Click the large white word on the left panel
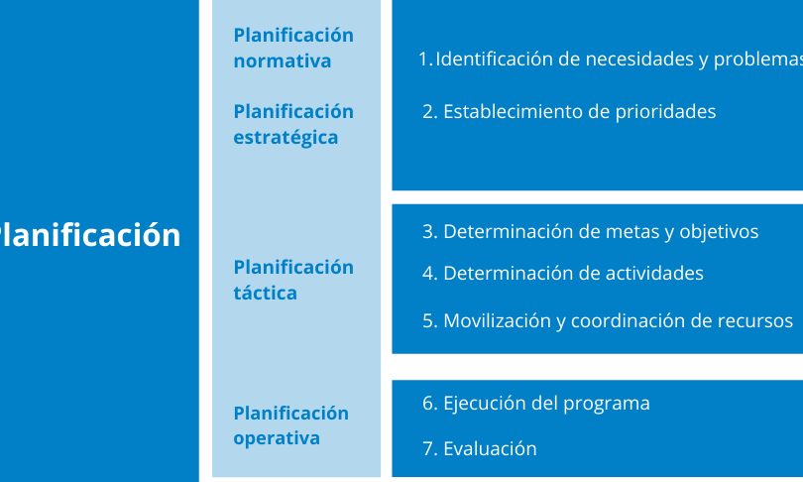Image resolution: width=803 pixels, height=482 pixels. point(89,236)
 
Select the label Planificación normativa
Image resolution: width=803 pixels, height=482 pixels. point(293,49)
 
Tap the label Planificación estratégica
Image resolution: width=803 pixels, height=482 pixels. point(293,125)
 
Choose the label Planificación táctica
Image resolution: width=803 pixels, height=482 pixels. point(293,280)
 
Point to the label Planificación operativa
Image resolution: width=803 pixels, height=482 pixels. point(290,425)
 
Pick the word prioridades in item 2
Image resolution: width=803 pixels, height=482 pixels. point(665,113)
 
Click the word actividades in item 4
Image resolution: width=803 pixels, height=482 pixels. point(654,274)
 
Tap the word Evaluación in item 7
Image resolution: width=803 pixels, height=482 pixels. point(490,449)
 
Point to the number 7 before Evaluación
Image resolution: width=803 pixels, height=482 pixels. point(428,449)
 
